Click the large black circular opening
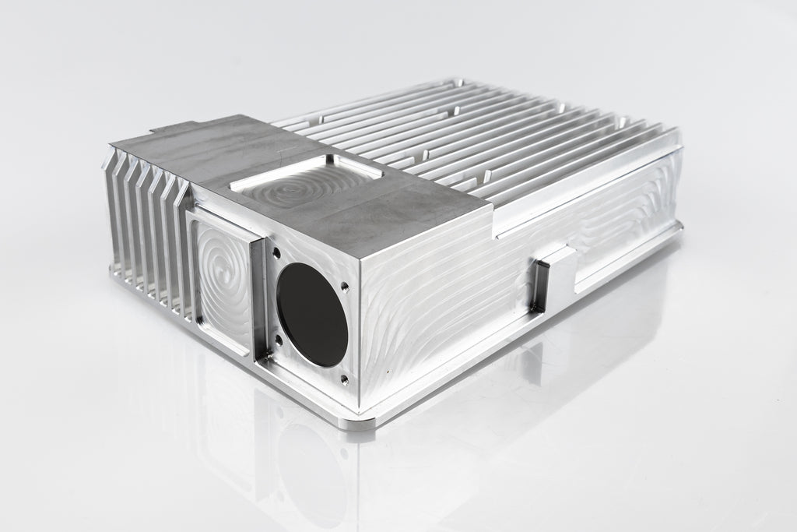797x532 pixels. coord(312,315)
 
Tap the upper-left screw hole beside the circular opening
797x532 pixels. coord(276,252)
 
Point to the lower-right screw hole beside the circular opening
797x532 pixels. coord(344,379)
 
